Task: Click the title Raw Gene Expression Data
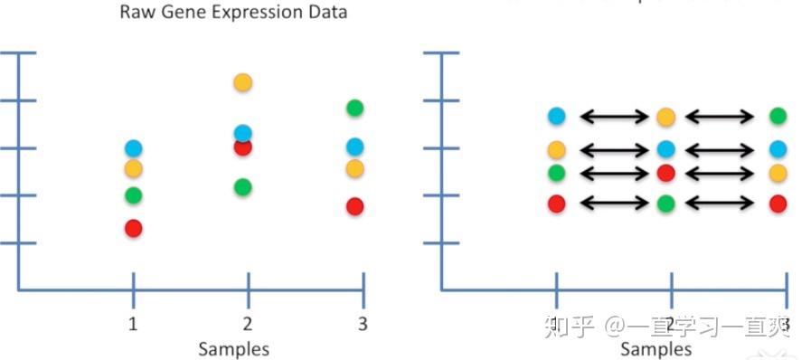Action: [233, 14]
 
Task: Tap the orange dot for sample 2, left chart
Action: [242, 82]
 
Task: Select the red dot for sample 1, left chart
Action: [134, 228]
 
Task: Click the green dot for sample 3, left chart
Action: [355, 109]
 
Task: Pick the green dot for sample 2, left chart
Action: [242, 187]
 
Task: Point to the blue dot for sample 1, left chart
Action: [134, 147]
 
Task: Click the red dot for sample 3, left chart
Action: [355, 206]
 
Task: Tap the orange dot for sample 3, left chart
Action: [355, 168]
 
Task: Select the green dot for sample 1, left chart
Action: [134, 194]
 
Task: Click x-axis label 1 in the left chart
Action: [134, 324]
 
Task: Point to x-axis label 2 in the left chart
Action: [248, 324]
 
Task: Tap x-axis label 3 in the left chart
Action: [363, 324]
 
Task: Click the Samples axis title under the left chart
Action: [233, 348]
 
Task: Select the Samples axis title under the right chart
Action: [656, 348]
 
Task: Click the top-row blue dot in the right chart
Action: [556, 116]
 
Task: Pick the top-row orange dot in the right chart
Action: [666, 117]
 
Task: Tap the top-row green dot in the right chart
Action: [778, 116]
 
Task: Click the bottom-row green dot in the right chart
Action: [666, 204]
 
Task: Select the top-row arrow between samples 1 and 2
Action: [614, 117]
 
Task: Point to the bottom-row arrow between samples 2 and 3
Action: [721, 204]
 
